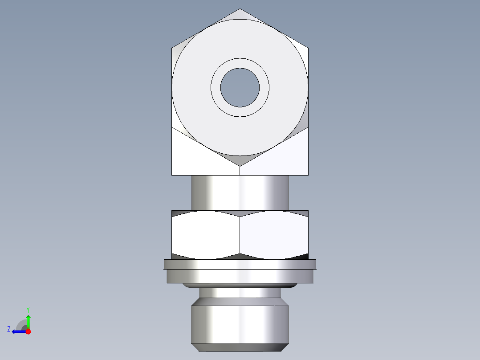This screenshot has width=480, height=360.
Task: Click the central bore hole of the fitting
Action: tap(240, 87)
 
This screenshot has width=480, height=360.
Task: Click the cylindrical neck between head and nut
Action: tap(240, 192)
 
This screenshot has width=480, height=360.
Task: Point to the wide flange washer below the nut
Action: tap(240, 264)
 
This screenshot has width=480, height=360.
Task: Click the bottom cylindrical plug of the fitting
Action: tap(240, 323)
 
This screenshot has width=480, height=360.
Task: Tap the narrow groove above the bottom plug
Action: tap(240, 293)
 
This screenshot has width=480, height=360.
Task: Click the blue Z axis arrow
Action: tap(18, 331)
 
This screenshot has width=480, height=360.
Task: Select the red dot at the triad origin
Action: tap(28, 331)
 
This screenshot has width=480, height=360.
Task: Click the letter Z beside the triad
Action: tap(9, 329)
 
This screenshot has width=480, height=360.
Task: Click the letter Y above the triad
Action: tap(28, 309)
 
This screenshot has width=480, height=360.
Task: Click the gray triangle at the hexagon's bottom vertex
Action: tap(240, 160)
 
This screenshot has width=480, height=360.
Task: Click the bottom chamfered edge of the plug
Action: tap(240, 348)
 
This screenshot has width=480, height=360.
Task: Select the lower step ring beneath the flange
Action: tap(240, 277)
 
